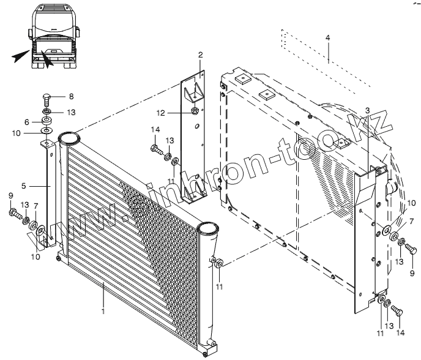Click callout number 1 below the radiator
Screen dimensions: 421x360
click(103, 312)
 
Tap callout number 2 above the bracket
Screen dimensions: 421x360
click(200, 56)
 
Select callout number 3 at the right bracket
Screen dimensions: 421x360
click(367, 110)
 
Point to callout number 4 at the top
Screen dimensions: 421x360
click(328, 38)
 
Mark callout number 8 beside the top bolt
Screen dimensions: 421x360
click(70, 97)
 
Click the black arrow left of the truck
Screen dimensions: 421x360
click(20, 57)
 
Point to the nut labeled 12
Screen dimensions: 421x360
click(193, 111)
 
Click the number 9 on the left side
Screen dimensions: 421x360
click(11, 195)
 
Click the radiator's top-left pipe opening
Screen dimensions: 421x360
click(69, 138)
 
